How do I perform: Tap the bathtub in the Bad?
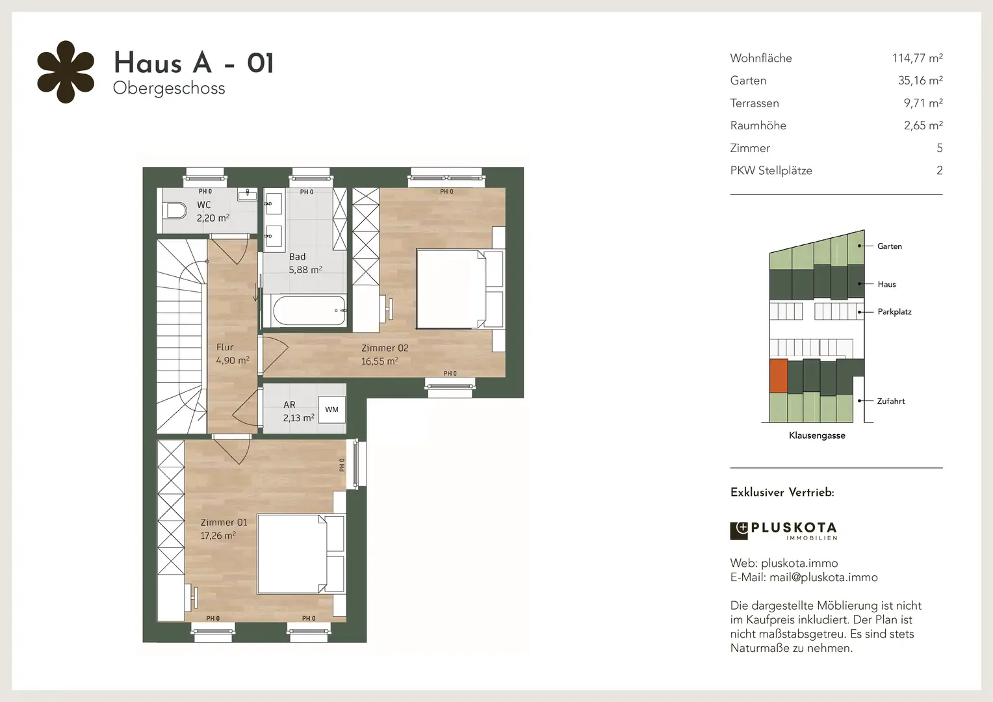tap(309, 311)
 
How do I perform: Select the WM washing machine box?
tap(331, 409)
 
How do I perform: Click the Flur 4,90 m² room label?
tap(232, 354)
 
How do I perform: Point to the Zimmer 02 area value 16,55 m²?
tap(380, 361)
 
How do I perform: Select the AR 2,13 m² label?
tap(298, 411)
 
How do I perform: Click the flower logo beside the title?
tap(66, 72)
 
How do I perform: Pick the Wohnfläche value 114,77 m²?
tap(917, 58)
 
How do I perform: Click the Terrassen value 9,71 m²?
tap(923, 103)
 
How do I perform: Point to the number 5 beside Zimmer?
tap(939, 148)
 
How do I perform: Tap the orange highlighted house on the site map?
tap(779, 376)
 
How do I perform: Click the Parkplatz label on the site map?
tap(894, 312)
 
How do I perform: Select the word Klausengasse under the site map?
tap(817, 435)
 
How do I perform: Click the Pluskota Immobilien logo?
tap(783, 531)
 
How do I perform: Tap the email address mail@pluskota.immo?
tap(823, 577)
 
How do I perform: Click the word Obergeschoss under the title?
tap(169, 88)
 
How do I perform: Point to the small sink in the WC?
tap(247, 194)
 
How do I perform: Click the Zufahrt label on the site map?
tap(890, 401)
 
